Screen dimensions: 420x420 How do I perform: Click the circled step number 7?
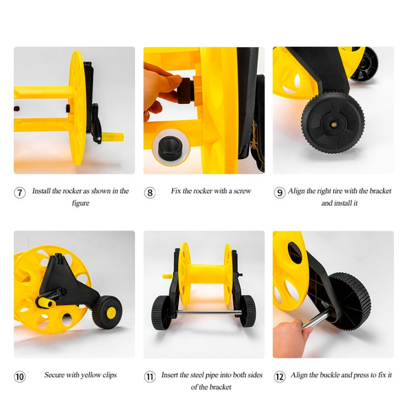[19, 193]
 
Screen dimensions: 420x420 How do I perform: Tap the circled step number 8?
[150, 193]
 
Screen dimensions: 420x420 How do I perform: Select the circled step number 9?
[279, 193]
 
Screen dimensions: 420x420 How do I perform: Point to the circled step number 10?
[19, 377]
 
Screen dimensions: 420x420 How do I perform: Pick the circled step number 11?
[150, 377]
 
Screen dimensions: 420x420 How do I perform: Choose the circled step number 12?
[279, 377]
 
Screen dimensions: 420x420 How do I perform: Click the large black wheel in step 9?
[333, 123]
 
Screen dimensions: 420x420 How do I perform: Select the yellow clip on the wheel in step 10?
[111, 312]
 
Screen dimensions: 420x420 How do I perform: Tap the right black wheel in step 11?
[248, 311]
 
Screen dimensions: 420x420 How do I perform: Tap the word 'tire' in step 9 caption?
[338, 191]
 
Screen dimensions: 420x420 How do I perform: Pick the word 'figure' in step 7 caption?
[81, 203]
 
